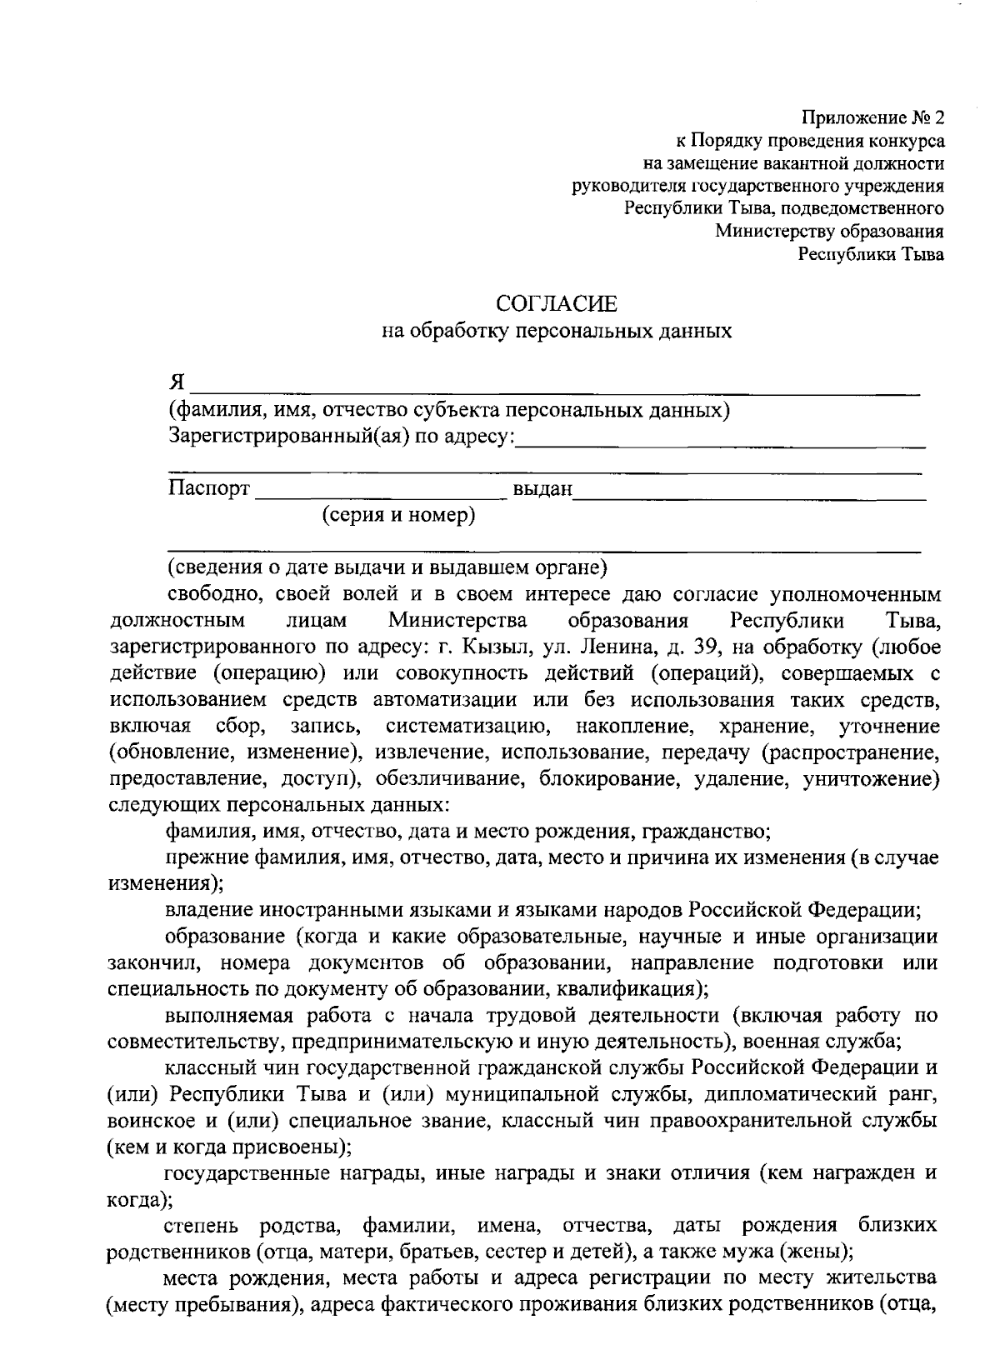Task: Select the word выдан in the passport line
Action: [x=542, y=489]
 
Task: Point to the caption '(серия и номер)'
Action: [x=399, y=515]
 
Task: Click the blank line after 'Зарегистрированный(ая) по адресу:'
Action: [x=721, y=442]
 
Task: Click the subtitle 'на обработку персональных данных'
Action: [x=556, y=332]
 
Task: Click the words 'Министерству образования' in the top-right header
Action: [x=829, y=232]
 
